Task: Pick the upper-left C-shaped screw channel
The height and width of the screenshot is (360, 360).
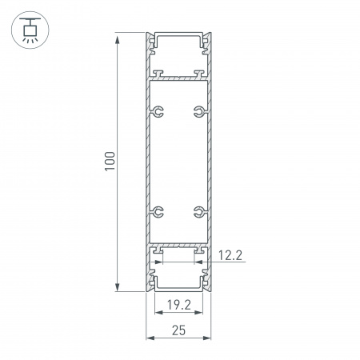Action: (x=159, y=110)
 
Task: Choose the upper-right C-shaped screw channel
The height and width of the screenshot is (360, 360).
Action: (x=196, y=110)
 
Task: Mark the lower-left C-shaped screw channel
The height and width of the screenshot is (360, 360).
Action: (x=159, y=213)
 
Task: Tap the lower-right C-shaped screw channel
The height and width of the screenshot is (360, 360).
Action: (x=196, y=213)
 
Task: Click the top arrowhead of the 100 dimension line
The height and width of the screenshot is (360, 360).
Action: (x=119, y=37)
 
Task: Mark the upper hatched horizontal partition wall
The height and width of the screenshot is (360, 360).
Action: (x=178, y=78)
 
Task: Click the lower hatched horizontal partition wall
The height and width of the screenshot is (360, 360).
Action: (x=178, y=245)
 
